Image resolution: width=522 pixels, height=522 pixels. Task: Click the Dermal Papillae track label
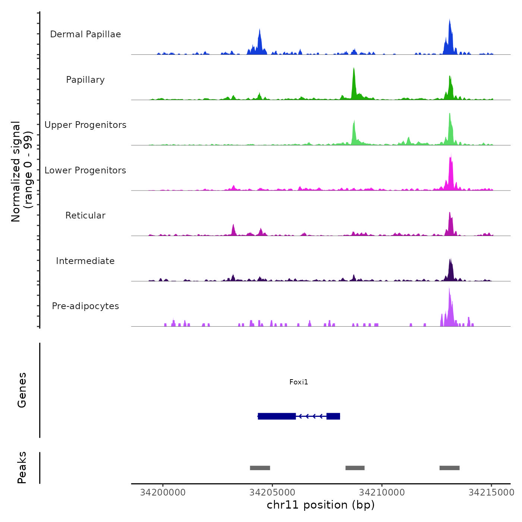[85, 34]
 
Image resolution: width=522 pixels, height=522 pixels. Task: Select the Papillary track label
[85, 80]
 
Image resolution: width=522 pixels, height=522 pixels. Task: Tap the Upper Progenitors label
[85, 125]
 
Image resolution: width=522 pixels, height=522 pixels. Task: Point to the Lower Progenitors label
[85, 170]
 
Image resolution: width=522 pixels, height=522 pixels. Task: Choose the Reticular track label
[85, 216]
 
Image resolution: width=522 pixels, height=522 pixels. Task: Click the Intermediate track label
[85, 261]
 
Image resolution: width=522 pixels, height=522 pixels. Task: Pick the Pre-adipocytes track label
[85, 306]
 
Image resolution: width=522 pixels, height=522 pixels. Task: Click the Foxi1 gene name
[299, 382]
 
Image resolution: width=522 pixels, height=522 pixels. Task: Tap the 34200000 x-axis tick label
[163, 493]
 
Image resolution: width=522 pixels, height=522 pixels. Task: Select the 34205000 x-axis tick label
[272, 493]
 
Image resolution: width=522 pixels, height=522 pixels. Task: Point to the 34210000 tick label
[382, 493]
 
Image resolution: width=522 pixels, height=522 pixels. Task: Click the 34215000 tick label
[491, 493]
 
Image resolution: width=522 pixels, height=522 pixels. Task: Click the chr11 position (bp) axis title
[321, 505]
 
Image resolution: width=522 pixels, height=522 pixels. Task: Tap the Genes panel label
[22, 390]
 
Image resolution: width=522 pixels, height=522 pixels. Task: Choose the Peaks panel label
[22, 468]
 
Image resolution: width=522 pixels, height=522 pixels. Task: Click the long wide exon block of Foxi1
[277, 416]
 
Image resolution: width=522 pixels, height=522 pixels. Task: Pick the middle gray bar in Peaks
[355, 468]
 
